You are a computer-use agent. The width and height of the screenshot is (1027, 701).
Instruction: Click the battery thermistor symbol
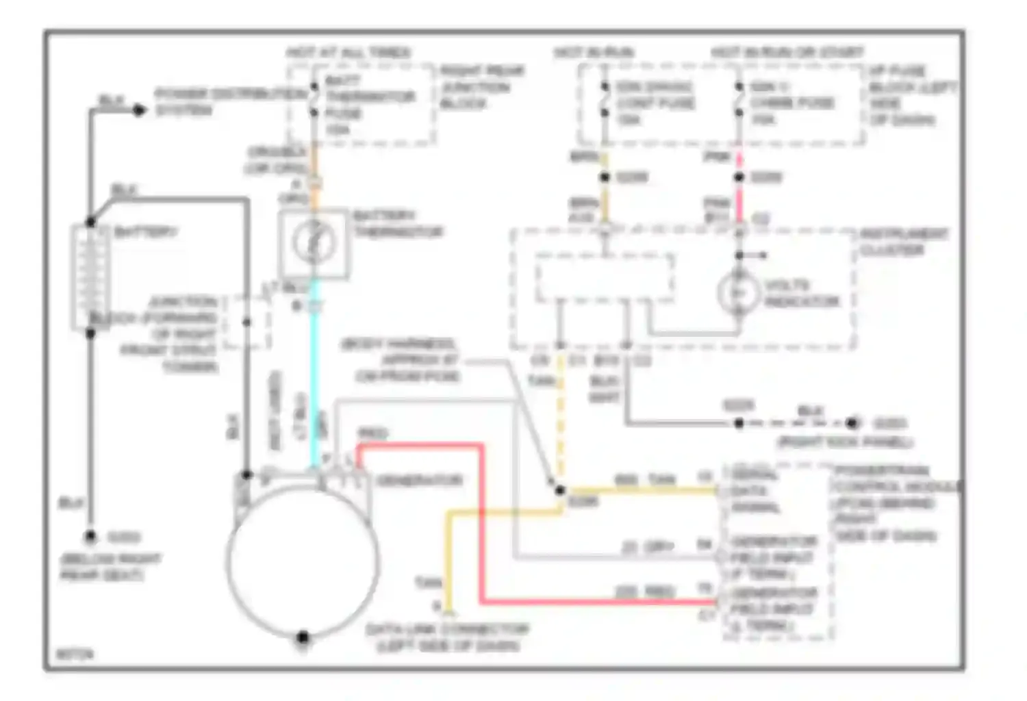(x=314, y=242)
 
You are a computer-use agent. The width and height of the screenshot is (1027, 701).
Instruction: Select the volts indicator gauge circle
(x=739, y=293)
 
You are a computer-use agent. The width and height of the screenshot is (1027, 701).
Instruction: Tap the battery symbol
(x=90, y=277)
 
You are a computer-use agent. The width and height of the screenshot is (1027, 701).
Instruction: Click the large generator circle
(x=303, y=560)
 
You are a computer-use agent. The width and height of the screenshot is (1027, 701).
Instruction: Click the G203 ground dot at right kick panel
(x=852, y=423)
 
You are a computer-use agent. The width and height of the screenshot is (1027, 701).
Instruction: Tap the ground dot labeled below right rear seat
(x=90, y=537)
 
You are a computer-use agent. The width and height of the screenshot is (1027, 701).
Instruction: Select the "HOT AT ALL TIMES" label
(x=348, y=53)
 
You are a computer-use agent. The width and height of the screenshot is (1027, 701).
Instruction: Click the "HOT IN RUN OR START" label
(x=787, y=53)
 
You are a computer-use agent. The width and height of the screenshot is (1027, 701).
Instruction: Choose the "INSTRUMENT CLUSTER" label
(x=904, y=242)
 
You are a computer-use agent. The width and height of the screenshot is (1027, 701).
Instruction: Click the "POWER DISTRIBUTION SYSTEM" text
(x=229, y=101)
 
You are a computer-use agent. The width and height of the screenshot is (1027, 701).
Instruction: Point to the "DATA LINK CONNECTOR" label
(x=447, y=637)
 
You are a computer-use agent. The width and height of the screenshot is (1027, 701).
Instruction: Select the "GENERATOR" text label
(x=419, y=480)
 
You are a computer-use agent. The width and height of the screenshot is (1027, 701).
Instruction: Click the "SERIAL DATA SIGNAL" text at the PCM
(x=756, y=491)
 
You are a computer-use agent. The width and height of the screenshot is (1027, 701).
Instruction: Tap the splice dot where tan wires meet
(x=560, y=490)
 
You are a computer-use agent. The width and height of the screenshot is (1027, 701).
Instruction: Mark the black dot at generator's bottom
(x=303, y=637)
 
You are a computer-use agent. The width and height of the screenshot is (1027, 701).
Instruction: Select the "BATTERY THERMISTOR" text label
(x=397, y=224)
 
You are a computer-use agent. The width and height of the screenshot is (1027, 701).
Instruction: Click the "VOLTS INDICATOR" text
(x=801, y=293)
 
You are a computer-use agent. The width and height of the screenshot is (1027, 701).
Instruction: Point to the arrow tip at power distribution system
(x=140, y=110)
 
